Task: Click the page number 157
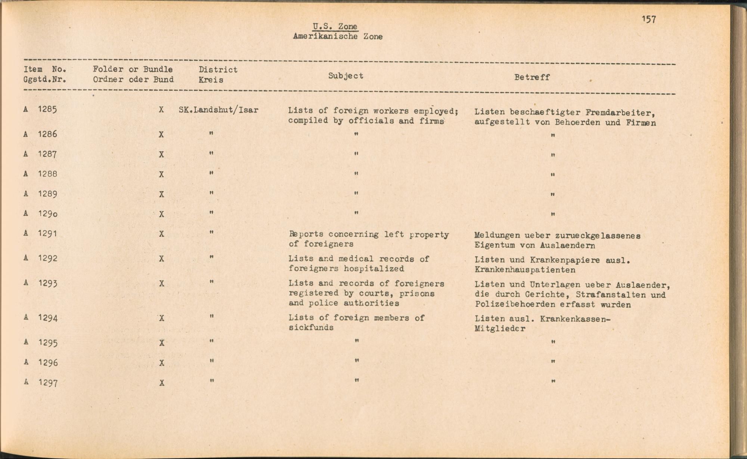(649, 19)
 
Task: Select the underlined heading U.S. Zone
(335, 27)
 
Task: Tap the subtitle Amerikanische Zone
(338, 37)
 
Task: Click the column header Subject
(345, 76)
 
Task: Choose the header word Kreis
(211, 80)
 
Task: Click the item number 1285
(47, 109)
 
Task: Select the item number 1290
(47, 213)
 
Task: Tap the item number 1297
(47, 383)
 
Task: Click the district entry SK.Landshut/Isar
(218, 110)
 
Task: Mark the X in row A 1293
(161, 284)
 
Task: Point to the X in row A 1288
(161, 174)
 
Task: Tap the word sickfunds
(311, 327)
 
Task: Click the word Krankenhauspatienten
(525, 270)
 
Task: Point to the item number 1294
(47, 318)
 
